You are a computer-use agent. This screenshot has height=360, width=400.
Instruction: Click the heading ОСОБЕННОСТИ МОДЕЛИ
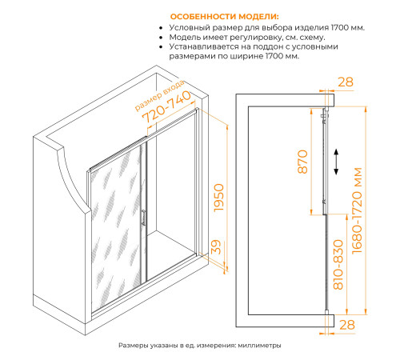(x=224, y=17)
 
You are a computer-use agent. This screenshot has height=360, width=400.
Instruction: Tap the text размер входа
(x=159, y=95)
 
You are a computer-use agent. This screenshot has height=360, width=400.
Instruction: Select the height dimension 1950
(x=218, y=198)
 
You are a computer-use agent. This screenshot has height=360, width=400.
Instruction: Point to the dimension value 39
(x=216, y=247)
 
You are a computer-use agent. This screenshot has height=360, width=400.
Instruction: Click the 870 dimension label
(x=302, y=162)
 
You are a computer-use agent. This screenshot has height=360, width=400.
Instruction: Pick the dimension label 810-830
(x=338, y=265)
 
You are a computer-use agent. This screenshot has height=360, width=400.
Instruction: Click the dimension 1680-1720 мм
(x=357, y=210)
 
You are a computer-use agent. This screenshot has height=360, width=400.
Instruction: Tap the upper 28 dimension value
(x=346, y=82)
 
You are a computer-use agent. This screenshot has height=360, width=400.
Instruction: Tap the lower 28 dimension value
(x=347, y=325)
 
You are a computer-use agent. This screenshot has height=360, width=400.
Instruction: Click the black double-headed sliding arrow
(x=336, y=162)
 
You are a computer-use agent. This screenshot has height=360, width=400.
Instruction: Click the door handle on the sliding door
(x=143, y=218)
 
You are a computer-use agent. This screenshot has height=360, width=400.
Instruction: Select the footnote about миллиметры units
(x=200, y=346)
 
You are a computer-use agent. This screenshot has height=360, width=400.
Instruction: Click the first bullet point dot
(x=161, y=28)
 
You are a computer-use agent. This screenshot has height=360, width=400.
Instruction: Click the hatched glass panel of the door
(x=116, y=226)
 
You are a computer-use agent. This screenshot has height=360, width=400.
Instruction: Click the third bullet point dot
(x=161, y=47)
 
